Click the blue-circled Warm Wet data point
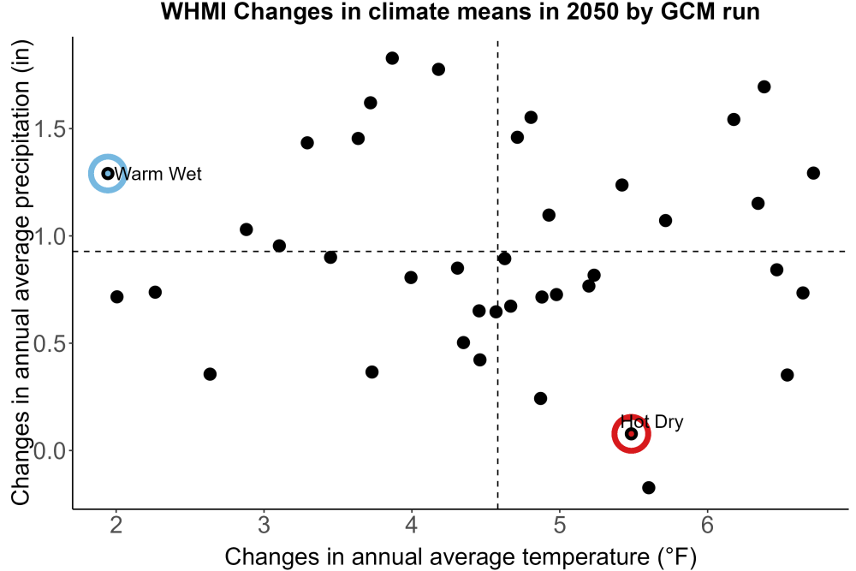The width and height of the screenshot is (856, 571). coord(108,174)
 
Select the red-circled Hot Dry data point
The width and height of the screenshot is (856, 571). coord(631,434)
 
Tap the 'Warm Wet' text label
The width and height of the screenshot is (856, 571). coord(158,174)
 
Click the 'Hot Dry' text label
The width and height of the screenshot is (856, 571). coord(651,422)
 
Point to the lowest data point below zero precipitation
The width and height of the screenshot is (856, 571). coord(649,487)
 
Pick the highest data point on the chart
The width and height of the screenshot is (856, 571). coord(392,58)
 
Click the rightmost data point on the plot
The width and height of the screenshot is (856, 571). coord(813,173)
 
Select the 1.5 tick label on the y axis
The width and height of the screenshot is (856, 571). coord(50,129)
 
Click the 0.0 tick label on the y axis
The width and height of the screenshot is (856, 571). coord(50,451)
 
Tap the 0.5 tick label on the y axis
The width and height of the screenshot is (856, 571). coord(50,344)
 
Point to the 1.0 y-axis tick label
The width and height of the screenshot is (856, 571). coord(50,236)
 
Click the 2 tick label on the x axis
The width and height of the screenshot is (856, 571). coord(116,525)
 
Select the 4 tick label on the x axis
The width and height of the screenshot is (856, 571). coord(412,525)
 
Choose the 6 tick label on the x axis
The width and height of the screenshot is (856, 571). coord(708,525)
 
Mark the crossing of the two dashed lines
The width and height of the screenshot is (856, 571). coord(498,251)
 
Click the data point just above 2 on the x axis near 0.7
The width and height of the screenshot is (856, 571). coord(116,297)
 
